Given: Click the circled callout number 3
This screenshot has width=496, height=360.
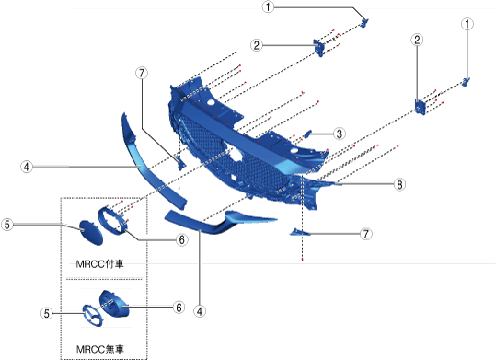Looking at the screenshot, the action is (x=339, y=134).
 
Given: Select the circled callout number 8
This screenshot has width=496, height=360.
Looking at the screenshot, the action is (x=399, y=184).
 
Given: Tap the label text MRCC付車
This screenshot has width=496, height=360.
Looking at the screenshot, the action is (x=100, y=263).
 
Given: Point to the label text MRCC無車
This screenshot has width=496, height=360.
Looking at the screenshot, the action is (x=100, y=349).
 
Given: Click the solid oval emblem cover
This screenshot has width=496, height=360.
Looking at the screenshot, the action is (x=91, y=233).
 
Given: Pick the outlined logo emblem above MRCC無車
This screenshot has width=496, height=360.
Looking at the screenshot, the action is (x=93, y=316).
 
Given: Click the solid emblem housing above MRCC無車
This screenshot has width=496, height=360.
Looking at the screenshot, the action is (x=114, y=303).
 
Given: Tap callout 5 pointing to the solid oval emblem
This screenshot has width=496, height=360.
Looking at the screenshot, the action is (x=7, y=225).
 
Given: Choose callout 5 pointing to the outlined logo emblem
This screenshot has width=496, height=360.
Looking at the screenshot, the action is (x=47, y=313).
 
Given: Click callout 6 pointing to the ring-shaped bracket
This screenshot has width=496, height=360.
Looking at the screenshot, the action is (x=181, y=239).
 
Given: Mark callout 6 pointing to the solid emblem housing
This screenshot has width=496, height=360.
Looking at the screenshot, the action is (x=179, y=307).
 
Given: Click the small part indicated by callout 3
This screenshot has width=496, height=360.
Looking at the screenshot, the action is (x=307, y=134).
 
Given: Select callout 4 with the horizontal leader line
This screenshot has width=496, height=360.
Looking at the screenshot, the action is (x=27, y=167).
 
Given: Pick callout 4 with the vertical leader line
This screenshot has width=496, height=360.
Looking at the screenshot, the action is (x=200, y=311).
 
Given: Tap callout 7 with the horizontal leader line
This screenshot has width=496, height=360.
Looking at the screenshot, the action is (x=366, y=234).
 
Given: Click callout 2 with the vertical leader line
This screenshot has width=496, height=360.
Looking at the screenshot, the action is (x=417, y=40).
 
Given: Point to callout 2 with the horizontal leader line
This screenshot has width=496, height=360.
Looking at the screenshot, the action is (x=257, y=45).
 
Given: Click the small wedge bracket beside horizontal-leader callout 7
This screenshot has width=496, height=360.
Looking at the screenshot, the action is (x=300, y=232).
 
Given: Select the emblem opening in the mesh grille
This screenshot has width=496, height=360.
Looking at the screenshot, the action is (x=235, y=153).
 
